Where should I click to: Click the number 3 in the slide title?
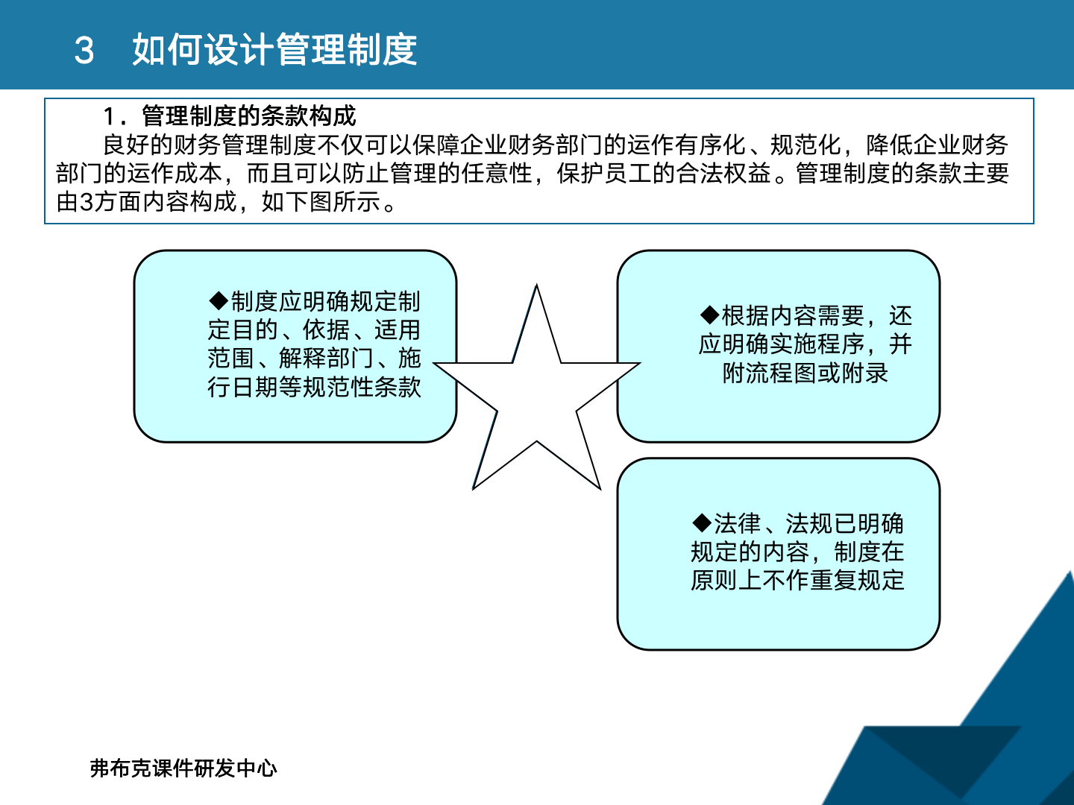[84, 51]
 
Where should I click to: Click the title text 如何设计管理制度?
[274, 51]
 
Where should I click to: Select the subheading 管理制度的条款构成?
[249, 116]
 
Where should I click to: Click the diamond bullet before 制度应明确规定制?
[219, 301]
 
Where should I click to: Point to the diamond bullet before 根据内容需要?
[709, 315]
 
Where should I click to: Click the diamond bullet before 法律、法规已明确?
[702, 523]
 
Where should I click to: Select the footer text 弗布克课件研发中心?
[183, 768]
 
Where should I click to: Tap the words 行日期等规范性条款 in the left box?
[314, 387]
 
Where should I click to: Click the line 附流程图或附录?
[805, 373]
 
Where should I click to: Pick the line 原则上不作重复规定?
[797, 580]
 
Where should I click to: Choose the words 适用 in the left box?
[398, 330]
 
